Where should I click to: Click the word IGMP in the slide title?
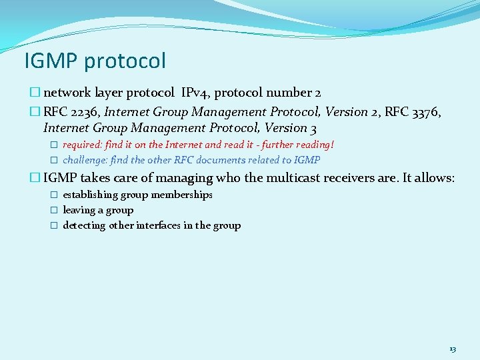tap(51, 61)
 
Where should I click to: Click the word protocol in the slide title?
tap(125, 61)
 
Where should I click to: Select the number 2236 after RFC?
tap(82, 112)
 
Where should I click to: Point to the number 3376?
tap(426, 112)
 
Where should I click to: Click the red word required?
tap(82, 145)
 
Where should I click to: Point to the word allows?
tap(435, 178)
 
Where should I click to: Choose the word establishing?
tap(90, 195)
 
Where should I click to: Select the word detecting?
tap(84, 226)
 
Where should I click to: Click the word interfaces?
tap(158, 226)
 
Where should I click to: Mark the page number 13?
tap(453, 349)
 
